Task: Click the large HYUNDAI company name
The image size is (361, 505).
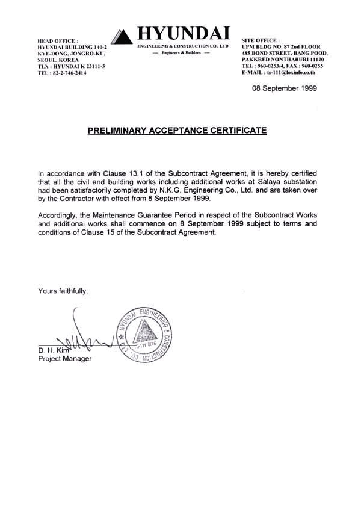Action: click(184, 33)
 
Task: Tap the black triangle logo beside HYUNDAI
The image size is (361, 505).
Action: click(123, 37)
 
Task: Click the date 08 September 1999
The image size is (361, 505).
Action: click(284, 88)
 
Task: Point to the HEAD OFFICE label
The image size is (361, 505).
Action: click(58, 40)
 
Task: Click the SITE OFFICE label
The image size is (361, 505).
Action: click(261, 40)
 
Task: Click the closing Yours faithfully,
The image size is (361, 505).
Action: click(63, 291)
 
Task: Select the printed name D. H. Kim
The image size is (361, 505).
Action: click(53, 350)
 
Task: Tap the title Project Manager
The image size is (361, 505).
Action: click(65, 359)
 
